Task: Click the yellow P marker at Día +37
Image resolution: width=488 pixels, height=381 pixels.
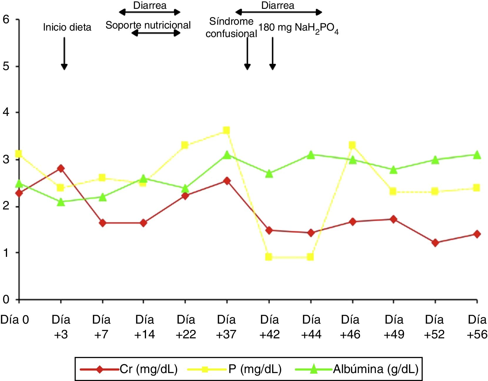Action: [226, 130]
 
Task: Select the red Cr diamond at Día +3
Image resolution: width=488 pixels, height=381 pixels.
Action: [61, 168]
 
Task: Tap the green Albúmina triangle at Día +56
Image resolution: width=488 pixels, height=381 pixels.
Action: [477, 155]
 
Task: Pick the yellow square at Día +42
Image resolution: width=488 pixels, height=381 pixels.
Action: [269, 257]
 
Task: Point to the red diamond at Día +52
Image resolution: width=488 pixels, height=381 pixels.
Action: [435, 243]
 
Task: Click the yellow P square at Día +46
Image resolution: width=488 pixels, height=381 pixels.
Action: [352, 145]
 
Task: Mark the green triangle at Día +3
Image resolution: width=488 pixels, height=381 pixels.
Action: [61, 202]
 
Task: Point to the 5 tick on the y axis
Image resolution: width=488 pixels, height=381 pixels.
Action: [6, 66]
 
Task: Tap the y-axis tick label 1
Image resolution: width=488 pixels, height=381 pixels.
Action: [6, 253]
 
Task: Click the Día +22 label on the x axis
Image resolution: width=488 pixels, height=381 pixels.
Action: [186, 327]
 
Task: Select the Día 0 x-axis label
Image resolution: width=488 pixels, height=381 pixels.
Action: [15, 320]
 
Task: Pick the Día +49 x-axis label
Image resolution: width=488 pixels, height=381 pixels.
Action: [394, 327]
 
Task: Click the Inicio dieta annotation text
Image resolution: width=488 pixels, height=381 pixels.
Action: [67, 27]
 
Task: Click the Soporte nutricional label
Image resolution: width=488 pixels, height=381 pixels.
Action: [148, 25]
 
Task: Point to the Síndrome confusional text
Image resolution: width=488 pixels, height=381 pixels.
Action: [231, 27]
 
